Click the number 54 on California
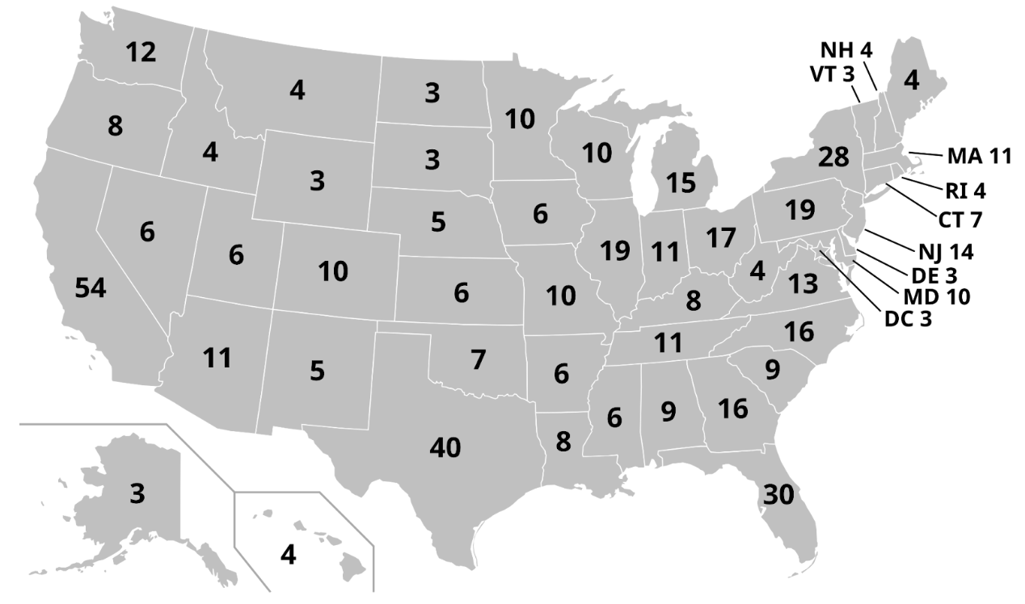pos(91,288)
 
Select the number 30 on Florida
pos(779,494)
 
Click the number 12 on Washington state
pos(141,52)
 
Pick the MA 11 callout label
pos(979,157)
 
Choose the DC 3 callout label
pos(908,318)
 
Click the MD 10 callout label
pos(935,296)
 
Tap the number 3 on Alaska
pos(137,494)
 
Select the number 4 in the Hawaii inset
pos(287,556)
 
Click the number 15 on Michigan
pos(681,182)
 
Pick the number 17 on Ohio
pos(720,238)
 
